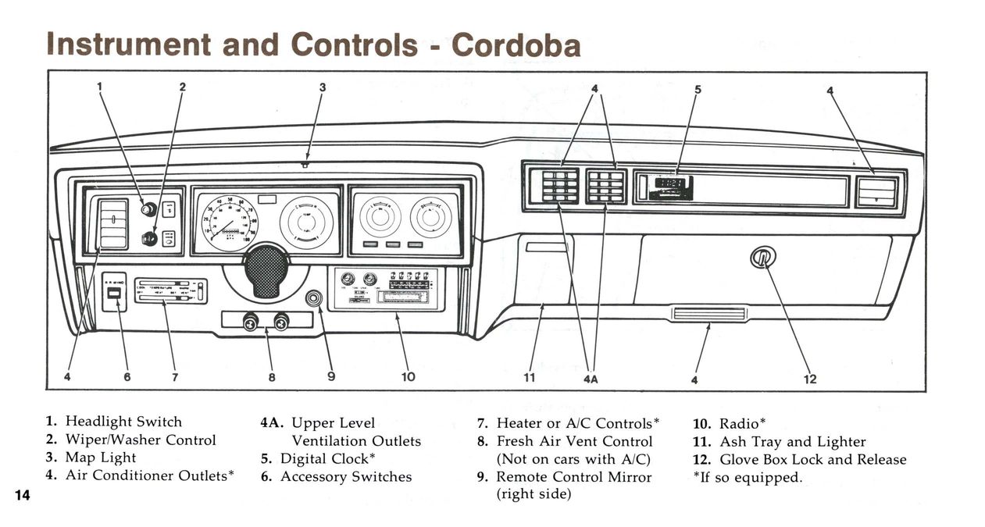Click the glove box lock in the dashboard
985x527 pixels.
(762, 256)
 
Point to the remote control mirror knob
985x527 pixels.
(315, 298)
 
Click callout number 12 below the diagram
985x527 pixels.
(810, 379)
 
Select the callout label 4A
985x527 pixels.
(591, 379)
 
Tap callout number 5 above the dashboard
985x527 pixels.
(698, 89)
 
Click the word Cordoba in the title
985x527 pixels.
(516, 45)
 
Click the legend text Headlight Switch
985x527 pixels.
(123, 422)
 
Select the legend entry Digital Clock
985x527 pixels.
(328, 458)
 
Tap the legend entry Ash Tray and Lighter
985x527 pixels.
(792, 442)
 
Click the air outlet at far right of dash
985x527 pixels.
(876, 191)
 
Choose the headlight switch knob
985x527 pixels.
(148, 208)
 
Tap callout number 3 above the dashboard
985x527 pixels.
(322, 87)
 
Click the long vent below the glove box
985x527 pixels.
(708, 314)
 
